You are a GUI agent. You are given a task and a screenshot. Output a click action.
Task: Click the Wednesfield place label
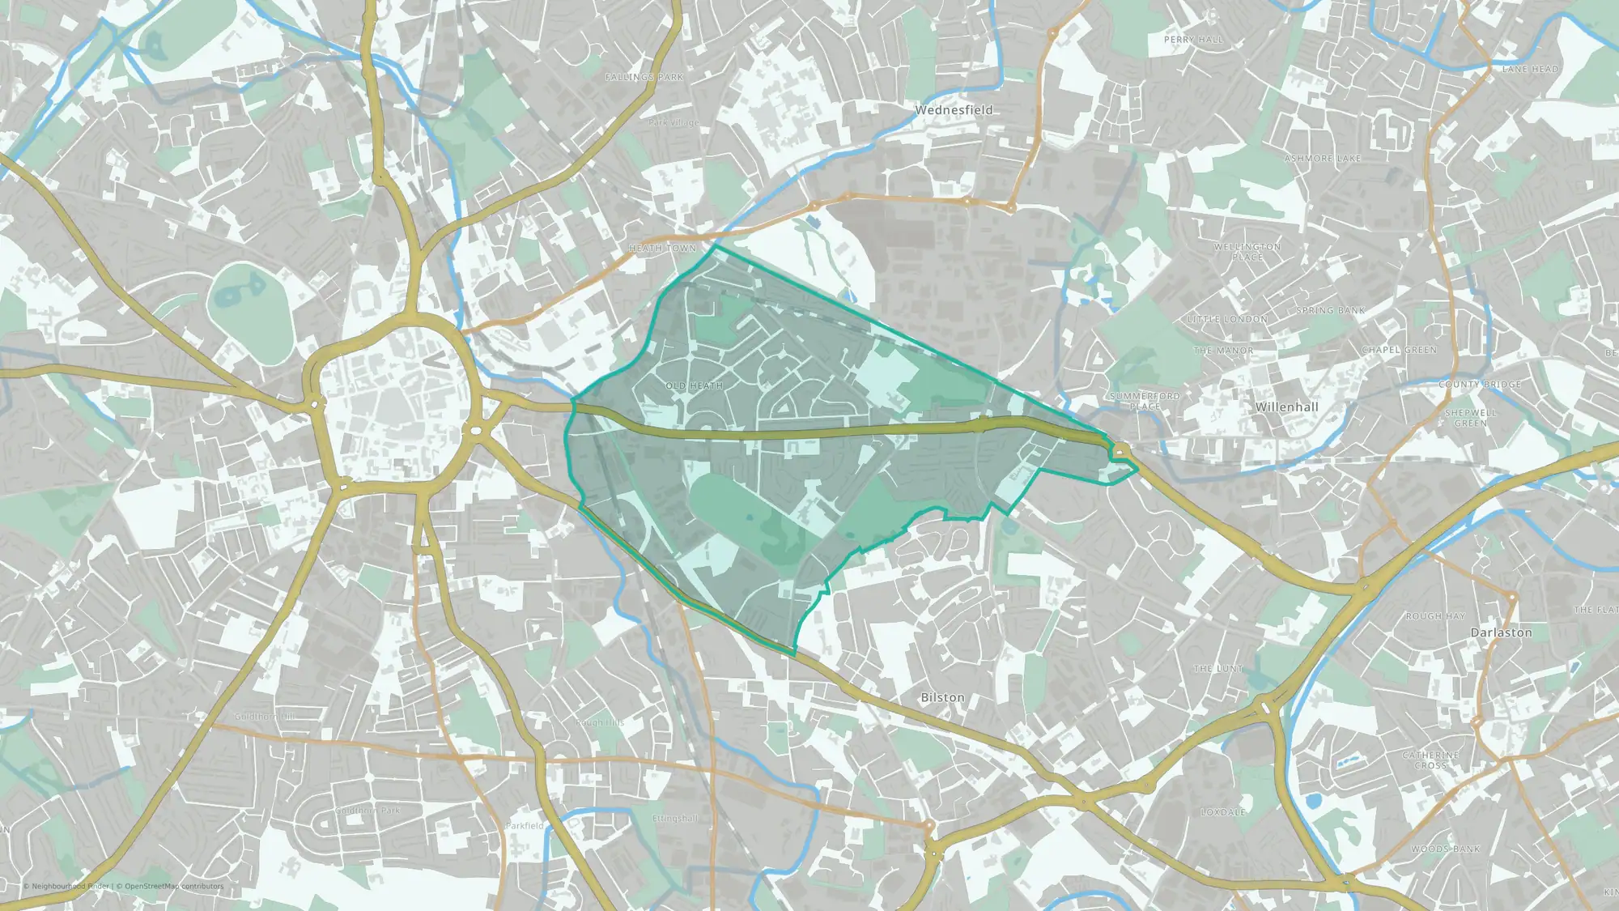954,110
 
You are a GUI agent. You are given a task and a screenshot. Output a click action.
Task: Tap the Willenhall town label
1286,407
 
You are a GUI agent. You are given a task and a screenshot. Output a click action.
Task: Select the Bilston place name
942,697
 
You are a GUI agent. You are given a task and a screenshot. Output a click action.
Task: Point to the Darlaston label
1501,632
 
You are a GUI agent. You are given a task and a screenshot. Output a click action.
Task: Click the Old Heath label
694,386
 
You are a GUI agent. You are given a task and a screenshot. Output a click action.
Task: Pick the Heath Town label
662,249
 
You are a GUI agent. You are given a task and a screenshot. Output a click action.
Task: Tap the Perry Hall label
1193,40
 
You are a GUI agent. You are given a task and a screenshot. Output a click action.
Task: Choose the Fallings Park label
644,78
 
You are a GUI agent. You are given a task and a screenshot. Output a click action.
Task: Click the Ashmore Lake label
1323,159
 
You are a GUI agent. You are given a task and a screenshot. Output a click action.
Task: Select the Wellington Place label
1247,252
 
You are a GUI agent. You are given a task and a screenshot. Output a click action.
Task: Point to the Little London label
1227,320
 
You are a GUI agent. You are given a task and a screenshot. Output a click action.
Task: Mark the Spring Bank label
1330,311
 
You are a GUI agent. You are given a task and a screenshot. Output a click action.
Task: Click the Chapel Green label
1399,351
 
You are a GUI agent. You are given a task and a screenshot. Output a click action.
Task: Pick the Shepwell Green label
1470,418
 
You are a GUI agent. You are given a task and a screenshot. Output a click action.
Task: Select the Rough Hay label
1435,616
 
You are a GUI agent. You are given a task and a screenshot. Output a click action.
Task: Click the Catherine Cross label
1430,760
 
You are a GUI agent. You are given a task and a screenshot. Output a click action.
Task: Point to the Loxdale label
1223,812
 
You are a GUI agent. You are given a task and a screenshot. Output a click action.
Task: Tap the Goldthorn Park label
368,811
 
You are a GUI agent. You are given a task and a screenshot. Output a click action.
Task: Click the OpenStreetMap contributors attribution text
174,887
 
